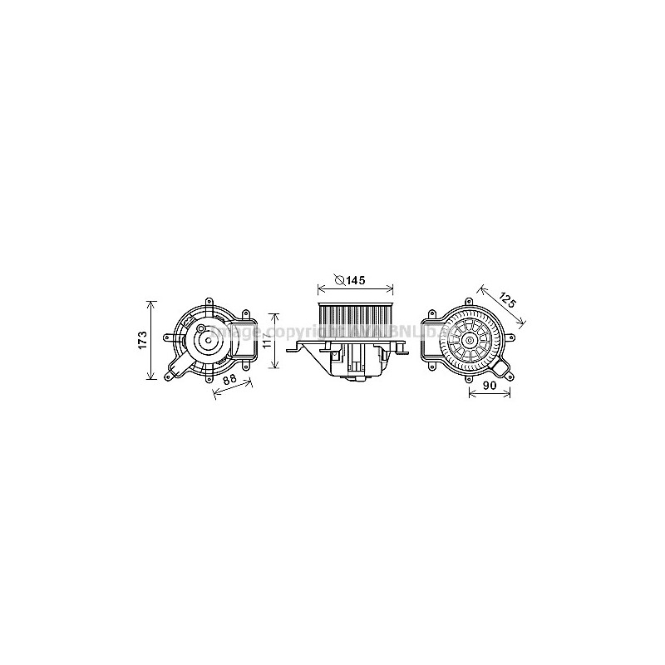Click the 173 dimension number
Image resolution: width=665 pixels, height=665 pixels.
click(x=142, y=340)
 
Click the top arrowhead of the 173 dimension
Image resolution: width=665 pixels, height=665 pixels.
click(x=151, y=303)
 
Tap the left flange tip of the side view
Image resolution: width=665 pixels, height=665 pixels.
click(x=288, y=349)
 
